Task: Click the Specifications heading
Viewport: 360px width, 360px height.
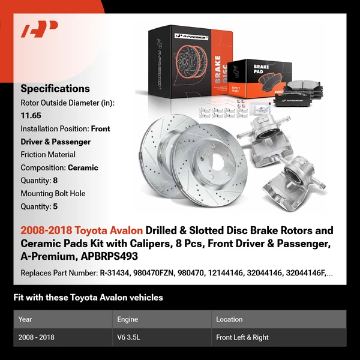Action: coord(55,88)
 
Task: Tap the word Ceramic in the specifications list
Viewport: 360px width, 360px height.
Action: coord(83,168)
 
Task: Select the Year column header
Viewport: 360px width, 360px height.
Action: coord(25,319)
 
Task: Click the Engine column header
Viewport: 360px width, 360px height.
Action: coord(128,319)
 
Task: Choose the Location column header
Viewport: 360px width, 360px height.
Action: coord(229,319)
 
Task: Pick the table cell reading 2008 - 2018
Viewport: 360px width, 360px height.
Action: coord(37,337)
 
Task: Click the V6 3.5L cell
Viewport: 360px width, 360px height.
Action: coord(131,337)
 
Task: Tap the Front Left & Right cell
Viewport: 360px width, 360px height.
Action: coord(242,337)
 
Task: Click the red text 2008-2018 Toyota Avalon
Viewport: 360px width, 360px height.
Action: coord(82,230)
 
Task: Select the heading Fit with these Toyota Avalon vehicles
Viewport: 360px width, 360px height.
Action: coord(88,298)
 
